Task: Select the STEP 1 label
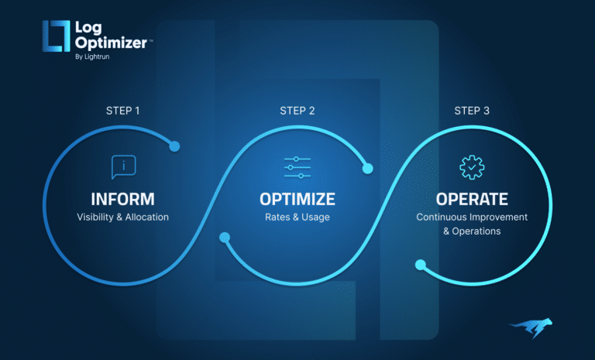[123, 111]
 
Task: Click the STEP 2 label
[297, 111]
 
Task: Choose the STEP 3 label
[472, 111]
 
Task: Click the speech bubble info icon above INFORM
[123, 166]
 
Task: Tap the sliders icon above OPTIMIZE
[297, 166]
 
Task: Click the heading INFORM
[123, 199]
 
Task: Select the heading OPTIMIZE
[297, 199]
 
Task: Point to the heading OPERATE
[471, 199]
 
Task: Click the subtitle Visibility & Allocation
[123, 218]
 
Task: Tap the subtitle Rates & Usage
[297, 218]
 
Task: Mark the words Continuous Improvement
[471, 218]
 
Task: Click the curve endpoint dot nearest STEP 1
[174, 146]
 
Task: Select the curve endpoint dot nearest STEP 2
[369, 166]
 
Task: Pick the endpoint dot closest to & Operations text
[420, 265]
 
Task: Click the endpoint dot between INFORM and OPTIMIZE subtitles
[225, 238]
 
